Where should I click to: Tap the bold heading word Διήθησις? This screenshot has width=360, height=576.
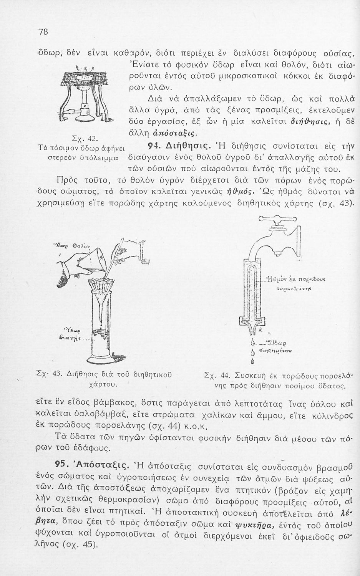pos(187,146)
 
